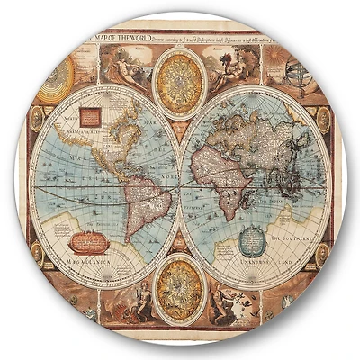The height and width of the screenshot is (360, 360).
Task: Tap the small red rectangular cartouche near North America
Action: click(x=91, y=116)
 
